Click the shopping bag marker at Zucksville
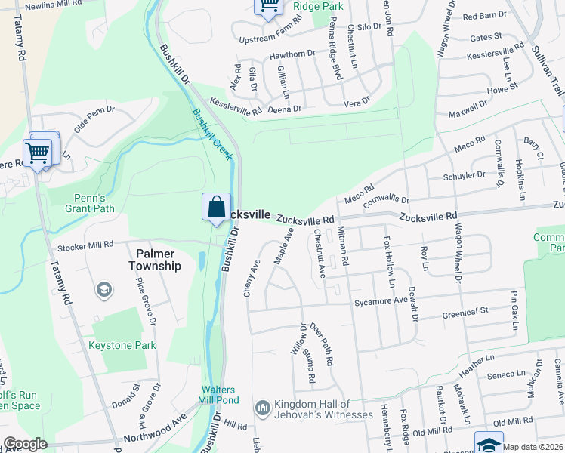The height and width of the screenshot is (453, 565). pos(217,207)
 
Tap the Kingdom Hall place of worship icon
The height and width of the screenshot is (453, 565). pos(263,407)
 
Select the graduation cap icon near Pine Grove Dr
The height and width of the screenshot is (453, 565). pos(103,289)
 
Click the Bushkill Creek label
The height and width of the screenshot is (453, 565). pos(212,134)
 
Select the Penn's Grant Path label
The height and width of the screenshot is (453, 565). pos(84,202)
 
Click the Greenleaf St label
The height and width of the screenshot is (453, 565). pos(465,310)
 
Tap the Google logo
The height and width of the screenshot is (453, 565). pos(25,444)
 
